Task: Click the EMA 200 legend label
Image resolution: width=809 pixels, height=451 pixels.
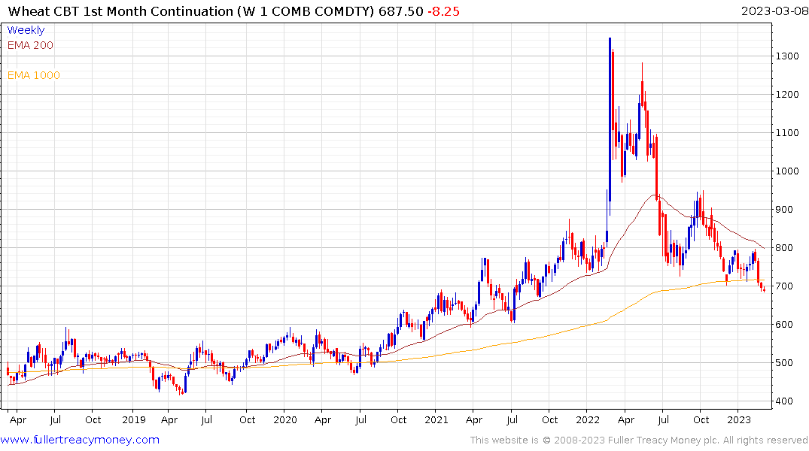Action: [x=30, y=45]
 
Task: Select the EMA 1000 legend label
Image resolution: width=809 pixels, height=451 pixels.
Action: [x=33, y=75]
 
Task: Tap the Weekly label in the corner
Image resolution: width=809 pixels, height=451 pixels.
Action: [x=26, y=30]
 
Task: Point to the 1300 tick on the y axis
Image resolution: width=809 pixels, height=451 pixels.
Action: [x=788, y=56]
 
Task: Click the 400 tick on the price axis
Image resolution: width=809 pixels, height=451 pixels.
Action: [x=785, y=401]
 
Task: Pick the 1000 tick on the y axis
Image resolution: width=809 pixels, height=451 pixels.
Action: [x=788, y=171]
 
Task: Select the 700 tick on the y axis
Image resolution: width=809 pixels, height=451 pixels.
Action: [x=785, y=286]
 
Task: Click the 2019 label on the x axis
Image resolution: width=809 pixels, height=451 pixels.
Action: [x=134, y=420]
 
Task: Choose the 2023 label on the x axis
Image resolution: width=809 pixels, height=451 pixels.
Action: [x=740, y=420]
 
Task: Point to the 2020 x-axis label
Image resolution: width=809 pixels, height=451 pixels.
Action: [x=285, y=420]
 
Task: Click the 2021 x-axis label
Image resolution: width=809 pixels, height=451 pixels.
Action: [x=437, y=420]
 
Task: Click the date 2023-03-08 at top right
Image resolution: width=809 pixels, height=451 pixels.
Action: [x=772, y=11]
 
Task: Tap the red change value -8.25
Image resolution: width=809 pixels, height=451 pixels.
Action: [x=443, y=11]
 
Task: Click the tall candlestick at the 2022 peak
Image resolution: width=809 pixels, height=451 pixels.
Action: [x=610, y=120]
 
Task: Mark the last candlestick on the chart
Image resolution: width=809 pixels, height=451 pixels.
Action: [x=765, y=288]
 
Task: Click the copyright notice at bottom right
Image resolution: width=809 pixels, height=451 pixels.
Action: [x=639, y=440]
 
